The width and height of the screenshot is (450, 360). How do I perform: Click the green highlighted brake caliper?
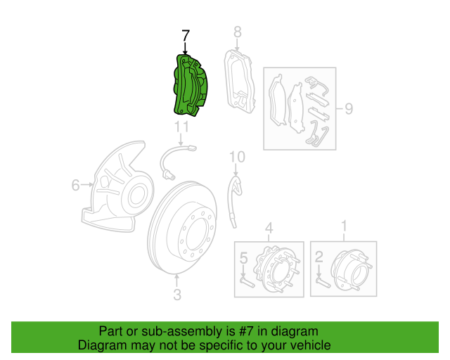tap(191, 85)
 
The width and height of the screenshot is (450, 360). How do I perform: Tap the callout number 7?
tap(186, 36)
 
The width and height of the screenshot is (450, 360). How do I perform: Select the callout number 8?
tap(238, 32)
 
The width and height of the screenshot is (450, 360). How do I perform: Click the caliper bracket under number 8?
tap(240, 82)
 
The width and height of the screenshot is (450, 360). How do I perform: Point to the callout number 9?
tap(349, 108)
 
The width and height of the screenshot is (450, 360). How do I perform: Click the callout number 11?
tap(181, 127)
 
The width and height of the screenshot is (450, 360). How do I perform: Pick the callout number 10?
tap(238, 157)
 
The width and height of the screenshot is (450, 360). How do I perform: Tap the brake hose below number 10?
tap(235, 202)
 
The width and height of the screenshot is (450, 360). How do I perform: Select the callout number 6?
tap(75, 185)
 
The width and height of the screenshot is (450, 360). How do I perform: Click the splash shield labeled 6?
tap(117, 186)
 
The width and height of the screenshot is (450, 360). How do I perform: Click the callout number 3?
tap(177, 295)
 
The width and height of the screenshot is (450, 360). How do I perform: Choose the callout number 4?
tap(269, 229)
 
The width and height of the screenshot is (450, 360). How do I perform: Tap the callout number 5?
tap(243, 258)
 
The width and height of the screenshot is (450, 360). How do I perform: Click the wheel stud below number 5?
tap(247, 281)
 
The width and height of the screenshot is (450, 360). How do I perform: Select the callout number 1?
tap(344, 226)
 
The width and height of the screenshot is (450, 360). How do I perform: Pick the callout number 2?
tap(319, 257)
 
